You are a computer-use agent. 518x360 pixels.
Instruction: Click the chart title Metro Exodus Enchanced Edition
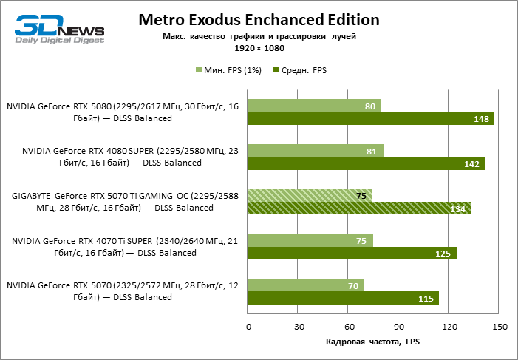click(259, 19)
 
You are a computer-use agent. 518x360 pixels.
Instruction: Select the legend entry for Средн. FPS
click(299, 70)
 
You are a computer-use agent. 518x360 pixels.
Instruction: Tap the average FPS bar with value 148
click(370, 119)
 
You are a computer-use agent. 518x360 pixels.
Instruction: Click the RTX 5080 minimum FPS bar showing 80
click(314, 106)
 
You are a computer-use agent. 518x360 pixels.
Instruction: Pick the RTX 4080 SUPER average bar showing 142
click(366, 163)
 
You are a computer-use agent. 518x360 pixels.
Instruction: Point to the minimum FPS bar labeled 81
click(315, 150)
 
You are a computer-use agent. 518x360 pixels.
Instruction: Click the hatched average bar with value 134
click(359, 208)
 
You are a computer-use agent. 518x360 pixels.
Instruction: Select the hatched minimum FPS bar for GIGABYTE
click(310, 195)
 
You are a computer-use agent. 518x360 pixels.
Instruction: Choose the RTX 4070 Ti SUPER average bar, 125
click(352, 253)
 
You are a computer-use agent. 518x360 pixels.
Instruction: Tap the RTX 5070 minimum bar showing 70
click(306, 285)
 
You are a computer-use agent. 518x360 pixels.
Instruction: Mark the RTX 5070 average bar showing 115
click(343, 298)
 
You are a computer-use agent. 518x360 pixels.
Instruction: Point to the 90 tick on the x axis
click(398, 326)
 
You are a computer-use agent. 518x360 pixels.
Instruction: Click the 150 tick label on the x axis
click(499, 326)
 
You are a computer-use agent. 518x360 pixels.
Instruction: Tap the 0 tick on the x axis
click(248, 326)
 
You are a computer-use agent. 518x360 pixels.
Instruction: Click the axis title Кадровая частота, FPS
click(372, 342)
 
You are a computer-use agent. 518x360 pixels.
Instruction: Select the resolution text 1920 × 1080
click(259, 47)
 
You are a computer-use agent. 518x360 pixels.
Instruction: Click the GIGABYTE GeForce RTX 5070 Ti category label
click(123, 202)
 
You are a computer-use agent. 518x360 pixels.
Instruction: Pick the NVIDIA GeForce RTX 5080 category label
click(123, 112)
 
